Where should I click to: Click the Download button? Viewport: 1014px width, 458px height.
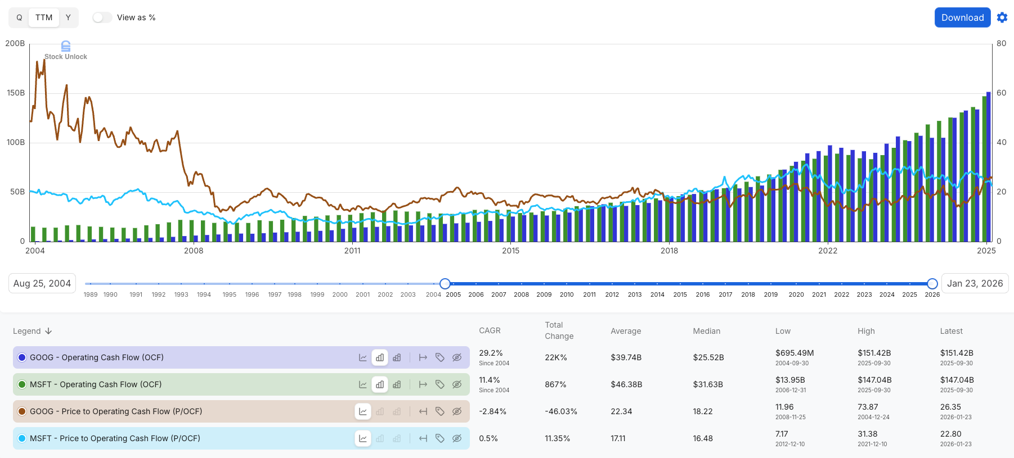point(962,17)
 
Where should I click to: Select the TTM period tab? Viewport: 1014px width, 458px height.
point(44,17)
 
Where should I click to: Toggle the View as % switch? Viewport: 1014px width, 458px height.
point(102,17)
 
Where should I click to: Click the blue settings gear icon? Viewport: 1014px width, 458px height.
point(1002,17)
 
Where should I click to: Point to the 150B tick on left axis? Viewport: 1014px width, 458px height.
point(16,93)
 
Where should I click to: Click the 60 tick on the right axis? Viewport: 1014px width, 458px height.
point(1001,93)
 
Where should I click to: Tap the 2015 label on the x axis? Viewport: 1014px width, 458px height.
point(510,251)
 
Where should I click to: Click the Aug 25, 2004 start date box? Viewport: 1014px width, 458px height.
point(42,283)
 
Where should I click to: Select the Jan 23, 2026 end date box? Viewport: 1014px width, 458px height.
point(975,283)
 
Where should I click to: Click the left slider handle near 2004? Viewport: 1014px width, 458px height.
point(445,283)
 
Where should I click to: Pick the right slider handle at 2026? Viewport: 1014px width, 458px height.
point(932,283)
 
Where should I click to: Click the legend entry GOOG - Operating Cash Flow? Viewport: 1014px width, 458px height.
point(97,357)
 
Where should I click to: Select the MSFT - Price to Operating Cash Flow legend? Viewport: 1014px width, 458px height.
point(115,438)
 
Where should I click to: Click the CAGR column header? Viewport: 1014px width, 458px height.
point(490,330)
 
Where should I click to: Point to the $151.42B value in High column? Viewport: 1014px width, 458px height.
point(874,353)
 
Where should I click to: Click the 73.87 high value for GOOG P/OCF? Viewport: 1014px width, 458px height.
point(868,407)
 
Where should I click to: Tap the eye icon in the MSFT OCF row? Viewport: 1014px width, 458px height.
point(457,384)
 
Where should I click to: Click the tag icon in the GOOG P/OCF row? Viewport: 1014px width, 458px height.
point(440,411)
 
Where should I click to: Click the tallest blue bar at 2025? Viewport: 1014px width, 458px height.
point(989,169)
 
